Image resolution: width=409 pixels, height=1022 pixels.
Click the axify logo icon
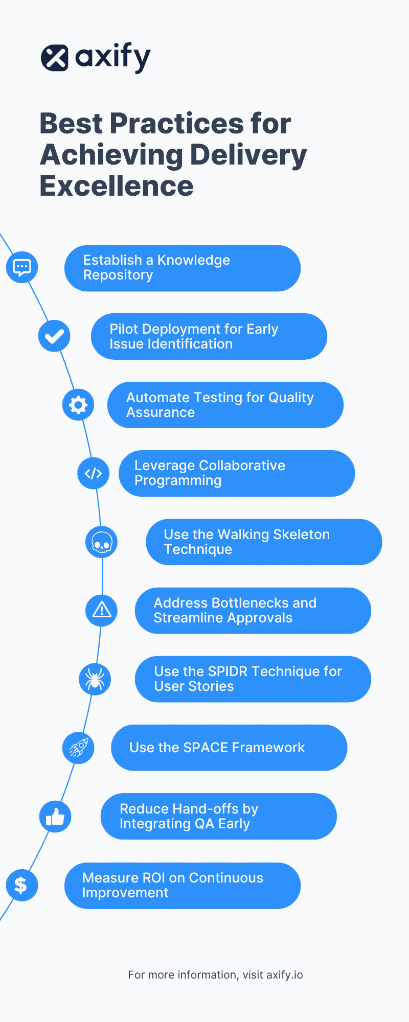[x=55, y=58]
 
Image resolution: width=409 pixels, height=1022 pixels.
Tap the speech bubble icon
[x=22, y=267]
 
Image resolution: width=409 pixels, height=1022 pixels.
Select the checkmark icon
[x=54, y=336]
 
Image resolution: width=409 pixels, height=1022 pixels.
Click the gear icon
[x=78, y=405]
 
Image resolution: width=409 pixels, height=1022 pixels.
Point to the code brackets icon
[x=94, y=473]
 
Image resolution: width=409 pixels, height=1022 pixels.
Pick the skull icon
[x=102, y=542]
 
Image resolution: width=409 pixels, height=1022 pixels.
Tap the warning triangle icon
[x=102, y=610]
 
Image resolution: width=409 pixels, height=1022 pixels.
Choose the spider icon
[x=95, y=679]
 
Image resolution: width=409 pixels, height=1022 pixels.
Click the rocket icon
[x=78, y=748]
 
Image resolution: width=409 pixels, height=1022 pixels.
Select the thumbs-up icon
[x=55, y=817]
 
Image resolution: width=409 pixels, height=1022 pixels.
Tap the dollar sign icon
[x=21, y=885]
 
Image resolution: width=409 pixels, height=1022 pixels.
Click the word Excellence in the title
[x=117, y=186]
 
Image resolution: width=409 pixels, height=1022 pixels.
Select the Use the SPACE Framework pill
[x=229, y=748]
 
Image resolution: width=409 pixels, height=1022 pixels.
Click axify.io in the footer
[x=285, y=975]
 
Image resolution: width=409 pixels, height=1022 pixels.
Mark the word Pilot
[x=124, y=329]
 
